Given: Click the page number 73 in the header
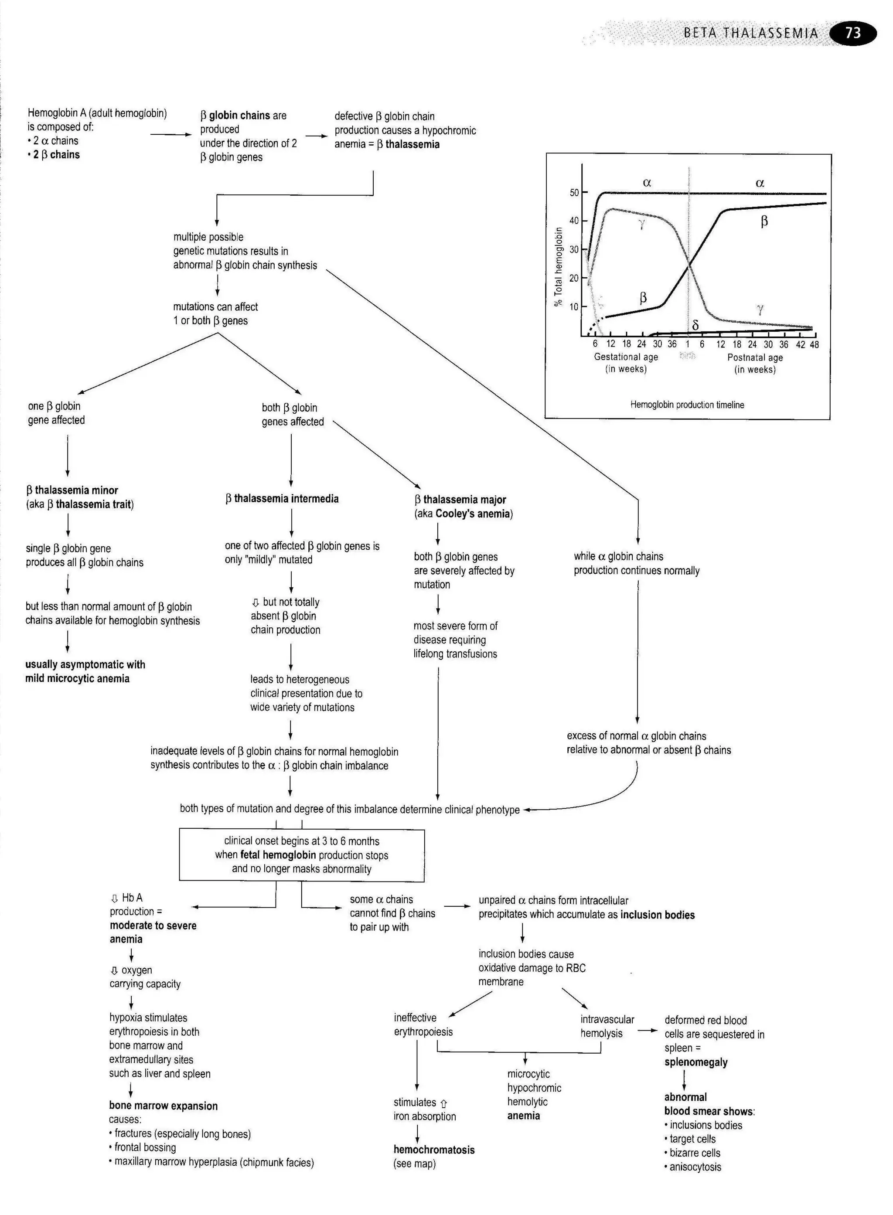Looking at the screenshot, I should click(852, 33).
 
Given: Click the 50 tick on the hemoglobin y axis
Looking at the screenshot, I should click(574, 192).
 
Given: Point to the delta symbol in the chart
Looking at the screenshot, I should click(695, 325).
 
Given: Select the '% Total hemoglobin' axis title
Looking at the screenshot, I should click(559, 266).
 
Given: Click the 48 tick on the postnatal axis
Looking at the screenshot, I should click(814, 345).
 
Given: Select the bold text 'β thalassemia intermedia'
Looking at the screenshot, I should click(282, 498).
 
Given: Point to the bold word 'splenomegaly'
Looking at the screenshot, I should click(696, 1062).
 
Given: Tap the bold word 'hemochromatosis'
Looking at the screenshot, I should click(433, 1150).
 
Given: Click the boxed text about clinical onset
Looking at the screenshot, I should click(302, 855).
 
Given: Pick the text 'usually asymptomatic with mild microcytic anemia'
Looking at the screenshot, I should click(85, 671).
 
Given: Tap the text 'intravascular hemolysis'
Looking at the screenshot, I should click(607, 1026).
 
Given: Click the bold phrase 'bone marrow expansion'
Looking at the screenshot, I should click(163, 1106).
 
